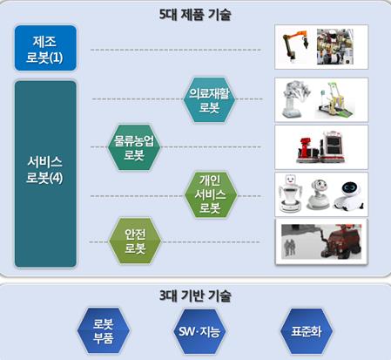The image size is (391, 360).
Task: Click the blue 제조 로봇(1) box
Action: coord(45,48)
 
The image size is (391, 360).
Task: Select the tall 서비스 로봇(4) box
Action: coord(45,173)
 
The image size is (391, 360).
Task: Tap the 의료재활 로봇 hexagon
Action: coord(209,99)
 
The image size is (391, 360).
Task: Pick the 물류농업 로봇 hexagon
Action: coord(134,147)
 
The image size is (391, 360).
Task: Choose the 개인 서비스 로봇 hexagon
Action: coord(211,194)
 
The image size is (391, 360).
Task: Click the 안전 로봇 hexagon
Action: coord(135,241)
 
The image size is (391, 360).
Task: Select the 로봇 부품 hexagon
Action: coord(104,331)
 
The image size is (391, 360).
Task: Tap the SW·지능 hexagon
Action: coord(199,331)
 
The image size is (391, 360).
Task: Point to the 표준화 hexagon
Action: coord(307,331)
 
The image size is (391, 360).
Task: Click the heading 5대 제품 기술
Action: coord(195,15)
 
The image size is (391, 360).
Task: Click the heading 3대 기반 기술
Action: coord(195,295)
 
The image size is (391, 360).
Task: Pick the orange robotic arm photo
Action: coord(295,47)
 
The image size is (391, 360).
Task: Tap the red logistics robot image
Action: coord(320,147)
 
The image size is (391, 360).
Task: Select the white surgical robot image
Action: coord(296,99)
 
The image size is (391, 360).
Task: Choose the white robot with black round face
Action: coord(349,195)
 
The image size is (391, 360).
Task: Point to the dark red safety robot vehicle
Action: coord(340,241)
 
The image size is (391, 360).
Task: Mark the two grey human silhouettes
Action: coord(289,248)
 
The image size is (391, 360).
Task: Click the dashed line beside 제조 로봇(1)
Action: coord(176,50)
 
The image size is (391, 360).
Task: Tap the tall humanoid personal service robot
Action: coord(290,193)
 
